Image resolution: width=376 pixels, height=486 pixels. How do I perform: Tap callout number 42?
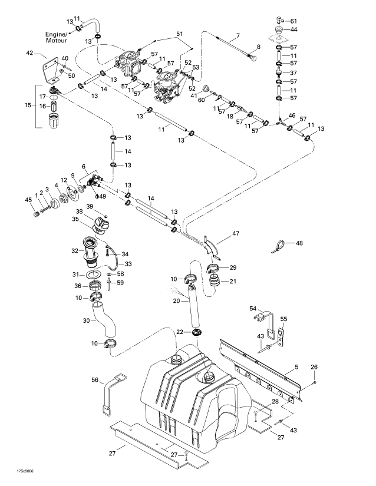(29, 53)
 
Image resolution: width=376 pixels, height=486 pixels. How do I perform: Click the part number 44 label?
(294, 29)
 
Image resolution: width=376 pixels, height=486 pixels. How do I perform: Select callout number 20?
(175, 301)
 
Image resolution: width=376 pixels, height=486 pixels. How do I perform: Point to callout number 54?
(253, 309)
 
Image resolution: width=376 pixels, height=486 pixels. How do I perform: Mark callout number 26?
(314, 368)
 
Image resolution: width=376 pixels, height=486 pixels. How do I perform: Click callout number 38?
(79, 211)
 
